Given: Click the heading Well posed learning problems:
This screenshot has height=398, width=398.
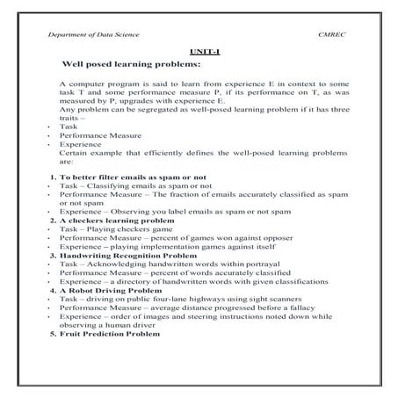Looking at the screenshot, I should [x=133, y=66].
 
